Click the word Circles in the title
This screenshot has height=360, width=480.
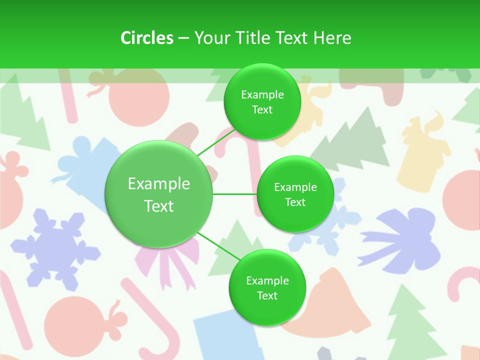[146, 37]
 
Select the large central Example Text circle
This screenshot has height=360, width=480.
[159, 194]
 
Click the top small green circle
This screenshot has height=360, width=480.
[262, 102]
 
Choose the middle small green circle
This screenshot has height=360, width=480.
[295, 194]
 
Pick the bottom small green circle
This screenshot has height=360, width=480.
[267, 288]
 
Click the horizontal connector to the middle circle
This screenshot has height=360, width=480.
[234, 194]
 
